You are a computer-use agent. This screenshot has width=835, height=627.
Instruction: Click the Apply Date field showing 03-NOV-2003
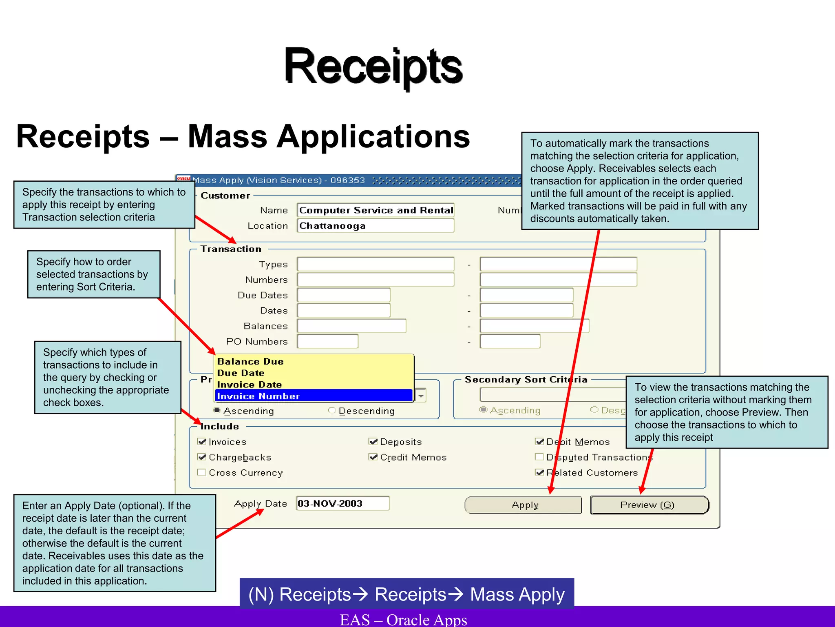pos(342,503)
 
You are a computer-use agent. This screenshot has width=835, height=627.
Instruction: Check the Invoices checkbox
pos(202,441)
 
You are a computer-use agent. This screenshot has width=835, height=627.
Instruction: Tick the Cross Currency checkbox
pos(202,472)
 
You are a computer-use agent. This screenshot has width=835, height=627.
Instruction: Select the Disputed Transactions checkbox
pos(539,457)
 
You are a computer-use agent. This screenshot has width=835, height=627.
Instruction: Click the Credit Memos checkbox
pos(373,457)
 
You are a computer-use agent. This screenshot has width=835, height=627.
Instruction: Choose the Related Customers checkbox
pos(539,472)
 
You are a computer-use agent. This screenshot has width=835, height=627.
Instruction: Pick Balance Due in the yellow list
pos(250,361)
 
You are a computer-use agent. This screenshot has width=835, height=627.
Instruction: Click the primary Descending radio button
pos(332,410)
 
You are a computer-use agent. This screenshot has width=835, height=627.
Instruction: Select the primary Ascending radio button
pos(217,410)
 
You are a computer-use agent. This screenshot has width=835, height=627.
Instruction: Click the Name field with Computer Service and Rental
pos(376,210)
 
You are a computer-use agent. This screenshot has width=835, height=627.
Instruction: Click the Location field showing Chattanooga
pos(376,226)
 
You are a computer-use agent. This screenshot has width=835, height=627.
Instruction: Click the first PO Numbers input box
pos(327,341)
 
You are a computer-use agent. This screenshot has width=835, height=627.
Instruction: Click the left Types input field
pos(376,264)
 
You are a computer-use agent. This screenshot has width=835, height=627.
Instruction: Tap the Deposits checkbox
pos(373,441)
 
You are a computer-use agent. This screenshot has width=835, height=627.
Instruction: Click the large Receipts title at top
pos(373,66)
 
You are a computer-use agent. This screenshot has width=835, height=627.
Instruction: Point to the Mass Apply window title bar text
pos(279,180)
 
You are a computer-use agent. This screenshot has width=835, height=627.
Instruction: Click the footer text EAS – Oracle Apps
pos(403,619)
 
